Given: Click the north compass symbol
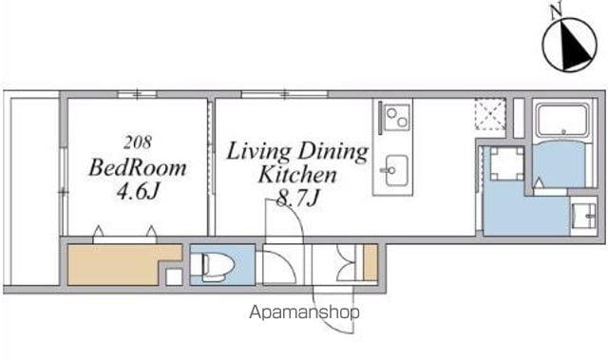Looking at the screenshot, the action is (x=569, y=45).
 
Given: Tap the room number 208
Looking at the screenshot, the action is (x=138, y=142).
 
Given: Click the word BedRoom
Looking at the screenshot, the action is (x=138, y=168).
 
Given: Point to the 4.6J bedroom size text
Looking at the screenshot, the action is (x=139, y=191).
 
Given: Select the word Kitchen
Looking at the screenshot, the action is (x=297, y=175).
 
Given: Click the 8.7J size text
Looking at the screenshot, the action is (x=297, y=198).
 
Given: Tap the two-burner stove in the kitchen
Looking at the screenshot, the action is (x=396, y=118).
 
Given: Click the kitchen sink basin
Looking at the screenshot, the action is (x=396, y=171).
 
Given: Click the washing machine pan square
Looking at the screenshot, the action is (x=507, y=164).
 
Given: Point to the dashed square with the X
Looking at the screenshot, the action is (x=490, y=114).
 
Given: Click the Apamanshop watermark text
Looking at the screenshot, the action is (x=304, y=313).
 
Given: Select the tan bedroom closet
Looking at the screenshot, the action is (x=124, y=265).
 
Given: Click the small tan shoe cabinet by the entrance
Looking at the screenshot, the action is (x=370, y=262).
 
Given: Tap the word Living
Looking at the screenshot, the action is (x=258, y=151).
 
